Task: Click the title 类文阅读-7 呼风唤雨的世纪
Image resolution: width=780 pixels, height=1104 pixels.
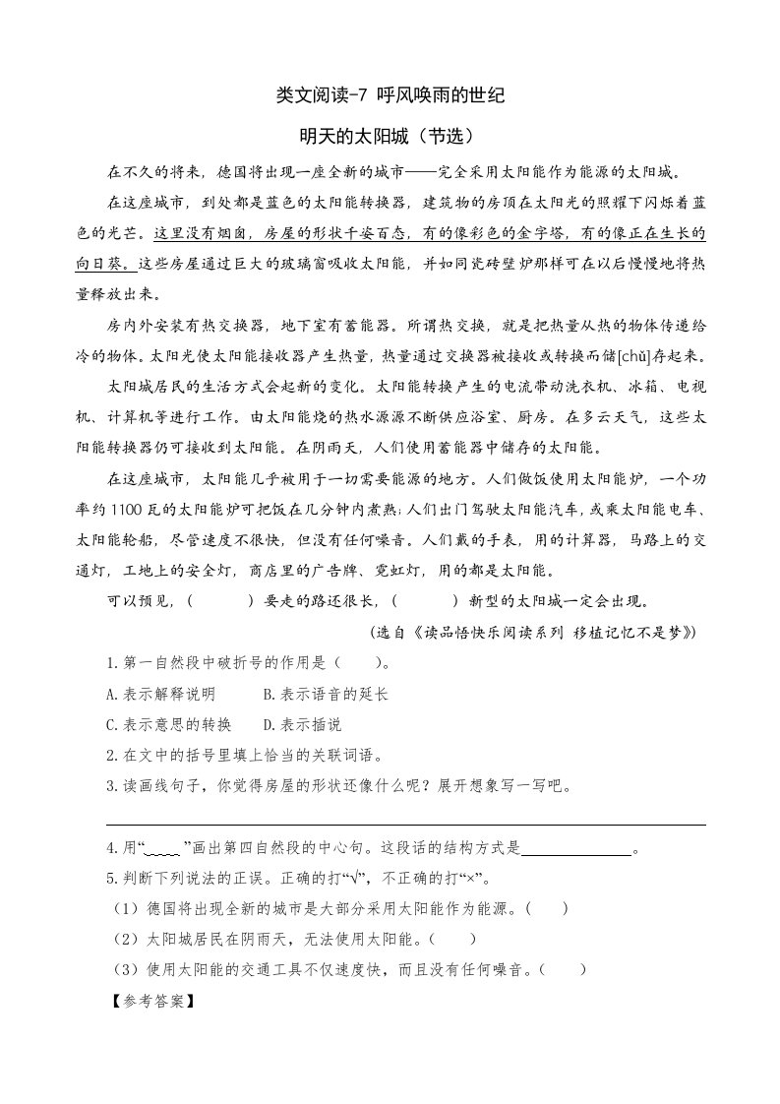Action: [x=390, y=95]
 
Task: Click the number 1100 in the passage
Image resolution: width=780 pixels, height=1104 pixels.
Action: [x=142, y=511]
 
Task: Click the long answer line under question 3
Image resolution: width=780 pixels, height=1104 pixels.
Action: [x=405, y=825]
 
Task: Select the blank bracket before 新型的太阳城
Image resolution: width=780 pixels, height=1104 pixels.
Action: [x=428, y=600]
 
